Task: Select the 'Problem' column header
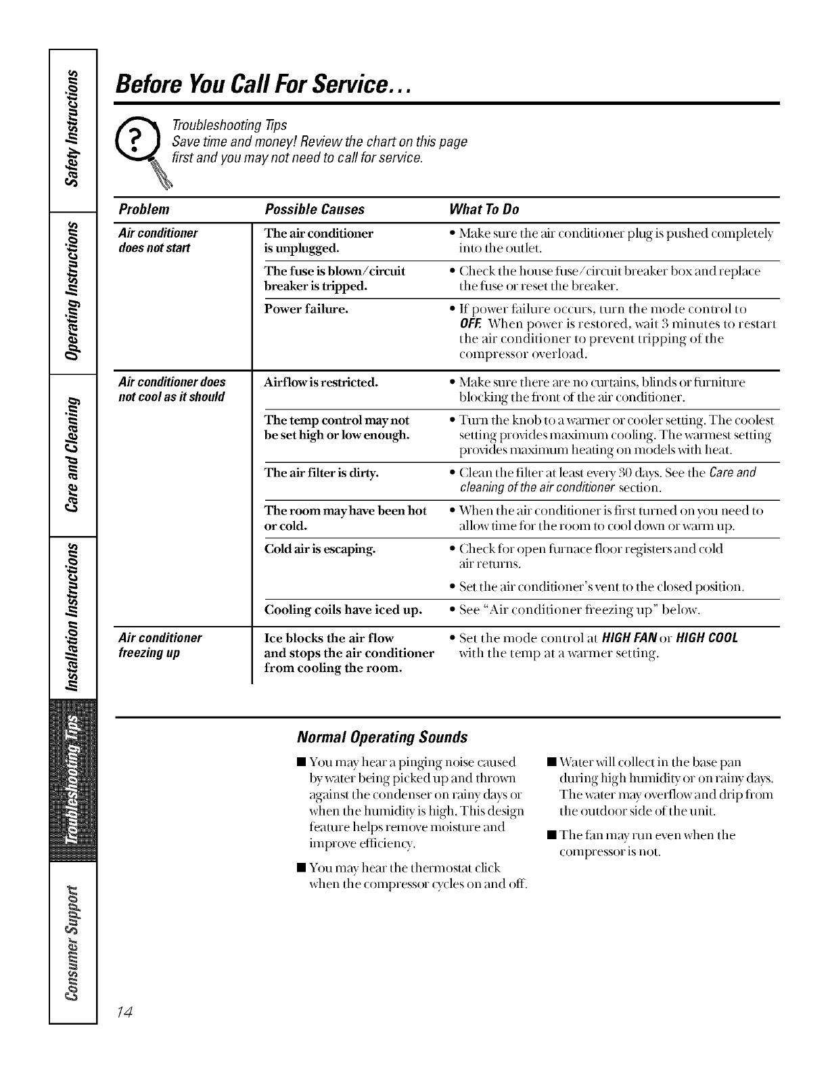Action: (143, 209)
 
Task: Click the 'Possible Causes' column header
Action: (315, 209)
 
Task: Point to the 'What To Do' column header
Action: (484, 209)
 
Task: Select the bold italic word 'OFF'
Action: (469, 323)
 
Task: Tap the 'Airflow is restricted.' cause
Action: (321, 382)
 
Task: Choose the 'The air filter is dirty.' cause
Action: (321, 473)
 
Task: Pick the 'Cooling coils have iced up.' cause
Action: (343, 610)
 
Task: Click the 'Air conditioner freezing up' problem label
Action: (160, 646)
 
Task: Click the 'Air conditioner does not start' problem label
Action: (158, 240)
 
